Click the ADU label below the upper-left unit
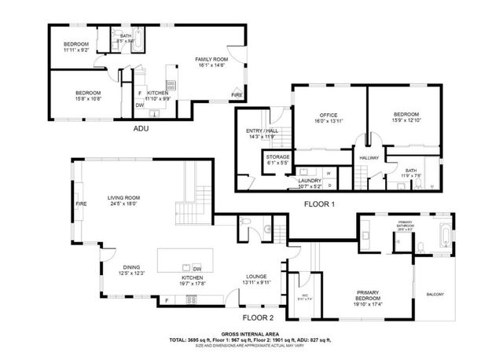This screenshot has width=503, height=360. [141, 127]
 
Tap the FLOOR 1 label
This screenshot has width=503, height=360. [320, 203]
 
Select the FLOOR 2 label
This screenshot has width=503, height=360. [258, 318]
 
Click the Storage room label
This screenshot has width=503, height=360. [277, 157]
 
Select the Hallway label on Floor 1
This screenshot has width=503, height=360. [369, 158]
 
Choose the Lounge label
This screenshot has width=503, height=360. [256, 277]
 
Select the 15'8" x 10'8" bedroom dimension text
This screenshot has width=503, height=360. [75, 98]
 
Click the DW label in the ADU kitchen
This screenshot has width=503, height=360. [139, 105]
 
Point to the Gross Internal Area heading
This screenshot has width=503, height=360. [251, 334]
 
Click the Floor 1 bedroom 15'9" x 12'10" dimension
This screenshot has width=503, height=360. [406, 121]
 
